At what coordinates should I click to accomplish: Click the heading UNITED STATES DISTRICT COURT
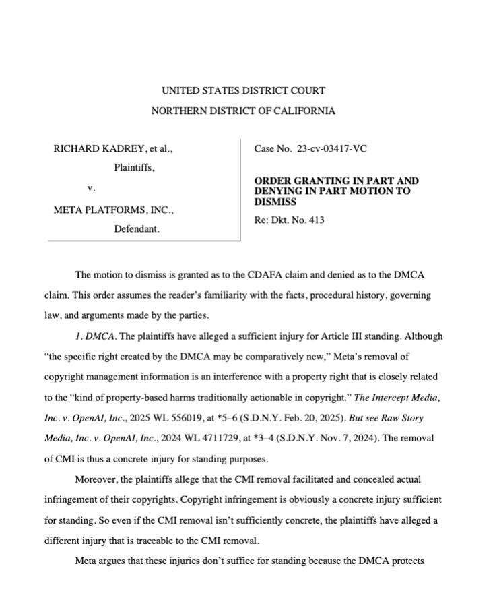[243, 90]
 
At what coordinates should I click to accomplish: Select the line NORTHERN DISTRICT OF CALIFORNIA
[243, 111]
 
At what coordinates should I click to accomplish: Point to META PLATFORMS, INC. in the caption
[112, 210]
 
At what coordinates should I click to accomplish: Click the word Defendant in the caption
[136, 229]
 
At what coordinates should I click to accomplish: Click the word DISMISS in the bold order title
[275, 201]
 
